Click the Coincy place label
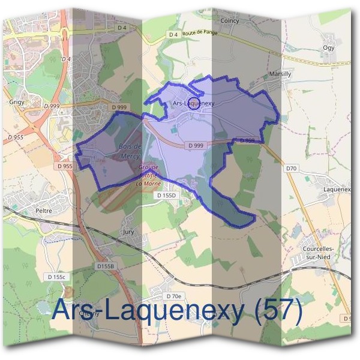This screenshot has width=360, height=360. click(x=230, y=21)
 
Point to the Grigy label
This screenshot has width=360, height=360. click(x=16, y=102)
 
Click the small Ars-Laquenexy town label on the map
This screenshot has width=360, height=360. click(x=193, y=103)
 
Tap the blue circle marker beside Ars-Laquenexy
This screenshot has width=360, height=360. click(x=193, y=101)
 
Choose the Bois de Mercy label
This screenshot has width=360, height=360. click(x=130, y=150)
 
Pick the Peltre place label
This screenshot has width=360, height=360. click(x=44, y=211)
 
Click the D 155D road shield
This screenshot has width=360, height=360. click(x=167, y=196)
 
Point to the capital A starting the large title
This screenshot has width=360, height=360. click(x=62, y=310)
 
